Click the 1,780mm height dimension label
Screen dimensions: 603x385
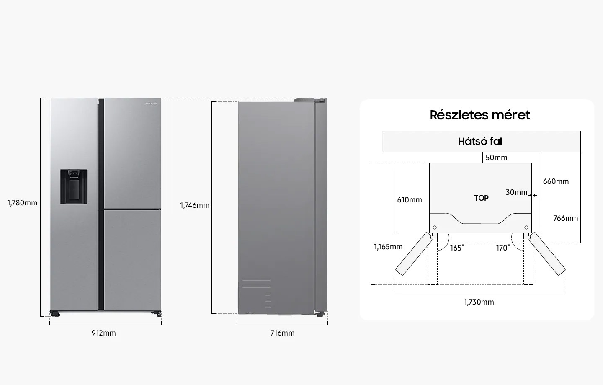pyautogui.click(x=22, y=203)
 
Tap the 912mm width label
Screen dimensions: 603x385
pyautogui.click(x=104, y=333)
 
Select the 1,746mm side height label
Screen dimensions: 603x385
pyautogui.click(x=195, y=205)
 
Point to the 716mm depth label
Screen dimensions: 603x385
pyautogui.click(x=282, y=333)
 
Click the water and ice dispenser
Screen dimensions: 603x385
pyautogui.click(x=74, y=186)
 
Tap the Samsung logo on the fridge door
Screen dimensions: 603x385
pyautogui.click(x=151, y=103)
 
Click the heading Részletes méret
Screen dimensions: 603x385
pyautogui.click(x=480, y=115)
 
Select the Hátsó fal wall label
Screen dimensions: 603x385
pyautogui.click(x=480, y=141)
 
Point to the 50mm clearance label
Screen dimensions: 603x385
pyautogui.click(x=496, y=158)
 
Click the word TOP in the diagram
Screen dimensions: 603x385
pyautogui.click(x=481, y=198)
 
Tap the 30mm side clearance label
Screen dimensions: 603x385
pyautogui.click(x=516, y=192)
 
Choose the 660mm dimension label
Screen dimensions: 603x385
pyautogui.click(x=556, y=181)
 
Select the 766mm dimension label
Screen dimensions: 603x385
pyautogui.click(x=566, y=218)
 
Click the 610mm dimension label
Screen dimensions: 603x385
pyautogui.click(x=410, y=200)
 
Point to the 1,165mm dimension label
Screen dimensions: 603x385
pyautogui.click(x=388, y=247)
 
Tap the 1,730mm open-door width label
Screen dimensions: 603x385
pyautogui.click(x=479, y=302)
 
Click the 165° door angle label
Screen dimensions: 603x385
pyautogui.click(x=457, y=248)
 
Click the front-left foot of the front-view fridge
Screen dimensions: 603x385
pyautogui.click(x=55, y=314)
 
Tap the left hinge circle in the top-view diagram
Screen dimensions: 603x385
pyautogui.click(x=435, y=227)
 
